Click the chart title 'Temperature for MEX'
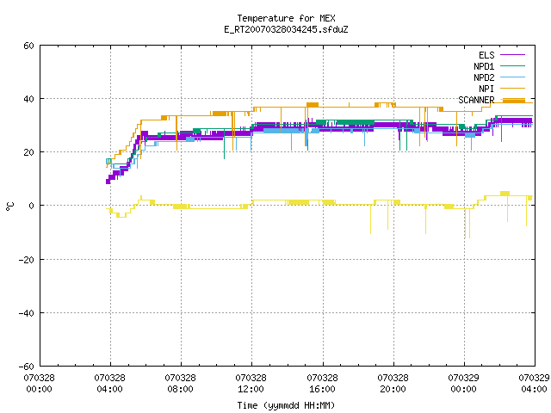[286, 18]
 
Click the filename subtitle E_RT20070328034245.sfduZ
[286, 29]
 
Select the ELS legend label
[486, 55]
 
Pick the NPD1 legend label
[484, 66]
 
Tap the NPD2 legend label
[484, 77]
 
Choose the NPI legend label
[486, 89]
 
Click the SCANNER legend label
[476, 100]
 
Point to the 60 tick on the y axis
[28, 46]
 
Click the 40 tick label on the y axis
[28, 99]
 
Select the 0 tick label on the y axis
[32, 206]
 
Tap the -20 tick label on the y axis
[27, 260]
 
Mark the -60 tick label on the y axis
[27, 367]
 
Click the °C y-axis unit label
[10, 206]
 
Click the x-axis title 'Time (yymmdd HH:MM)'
[286, 405]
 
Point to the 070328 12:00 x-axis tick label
[251, 384]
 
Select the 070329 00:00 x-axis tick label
[463, 384]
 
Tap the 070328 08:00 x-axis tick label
[180, 384]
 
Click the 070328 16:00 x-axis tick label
[322, 384]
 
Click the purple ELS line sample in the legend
[513, 55]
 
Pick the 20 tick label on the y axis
[28, 152]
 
